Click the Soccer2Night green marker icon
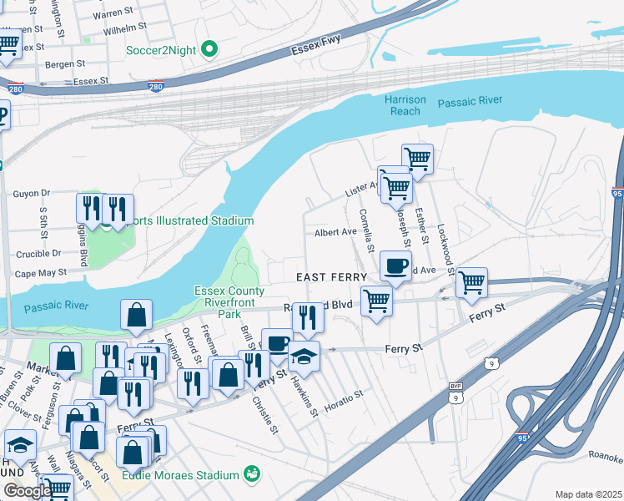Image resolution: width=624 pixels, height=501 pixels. (209, 50)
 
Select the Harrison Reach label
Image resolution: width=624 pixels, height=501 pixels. (405, 105)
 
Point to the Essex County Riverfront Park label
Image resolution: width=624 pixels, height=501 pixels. (229, 303)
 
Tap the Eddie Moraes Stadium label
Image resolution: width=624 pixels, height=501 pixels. (181, 475)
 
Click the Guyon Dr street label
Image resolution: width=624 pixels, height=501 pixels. (32, 193)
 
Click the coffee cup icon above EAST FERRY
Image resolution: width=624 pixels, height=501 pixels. (396, 266)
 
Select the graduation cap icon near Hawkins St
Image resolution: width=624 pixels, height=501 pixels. (304, 357)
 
